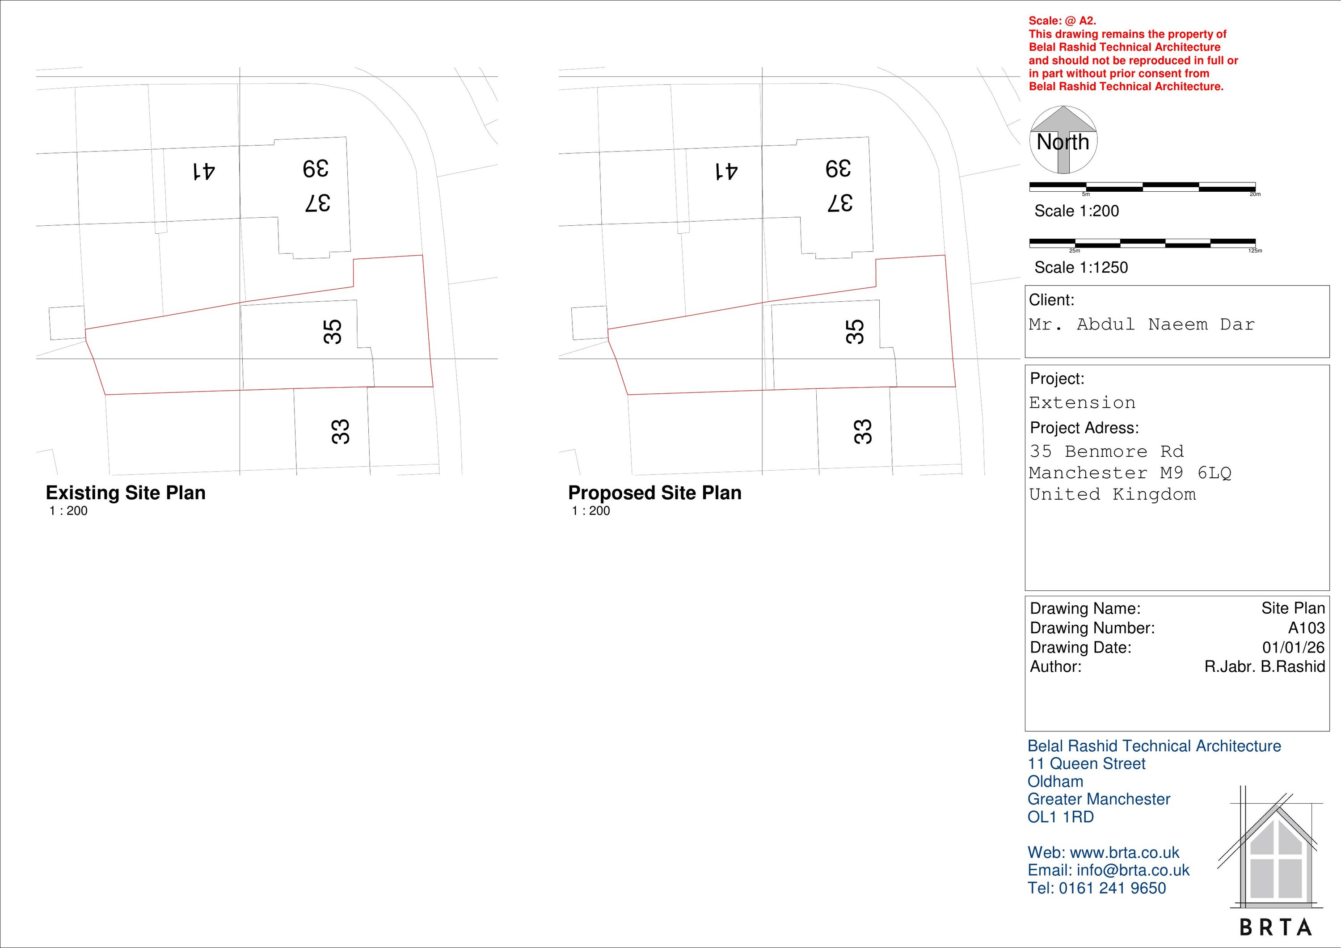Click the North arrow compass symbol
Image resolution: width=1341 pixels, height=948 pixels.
1063,140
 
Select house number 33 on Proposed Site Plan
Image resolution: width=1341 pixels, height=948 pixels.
863,432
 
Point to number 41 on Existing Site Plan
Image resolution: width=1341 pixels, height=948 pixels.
203,172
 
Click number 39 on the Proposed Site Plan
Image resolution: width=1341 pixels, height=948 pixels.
838,169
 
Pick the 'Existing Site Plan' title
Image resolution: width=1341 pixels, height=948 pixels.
126,493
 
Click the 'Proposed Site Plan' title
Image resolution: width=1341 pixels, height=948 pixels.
655,493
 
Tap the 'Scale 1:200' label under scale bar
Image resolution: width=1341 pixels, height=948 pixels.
1076,211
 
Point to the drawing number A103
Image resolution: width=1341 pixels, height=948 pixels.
1306,628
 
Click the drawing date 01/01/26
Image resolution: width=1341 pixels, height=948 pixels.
1293,647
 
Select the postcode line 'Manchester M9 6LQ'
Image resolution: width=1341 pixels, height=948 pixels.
1130,472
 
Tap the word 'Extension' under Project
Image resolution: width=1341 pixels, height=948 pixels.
1082,402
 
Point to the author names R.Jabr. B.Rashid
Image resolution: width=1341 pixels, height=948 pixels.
1264,666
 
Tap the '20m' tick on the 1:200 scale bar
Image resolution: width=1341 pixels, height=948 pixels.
1255,194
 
